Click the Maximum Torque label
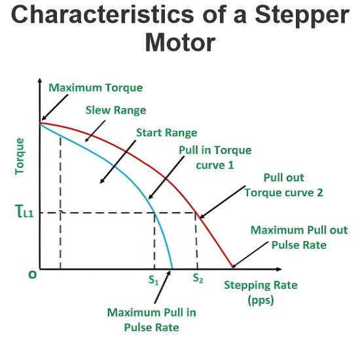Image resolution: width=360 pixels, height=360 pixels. pos(96,88)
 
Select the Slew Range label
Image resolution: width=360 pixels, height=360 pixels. pos(116,111)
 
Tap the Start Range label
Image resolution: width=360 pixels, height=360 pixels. pos(167,133)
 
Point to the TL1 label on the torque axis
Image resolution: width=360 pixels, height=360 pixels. pos(24,211)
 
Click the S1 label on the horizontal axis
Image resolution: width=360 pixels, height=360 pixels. pos(154,280)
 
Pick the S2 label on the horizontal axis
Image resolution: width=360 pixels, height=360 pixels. pos(198,278)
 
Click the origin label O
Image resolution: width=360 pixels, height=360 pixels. pos(32,275)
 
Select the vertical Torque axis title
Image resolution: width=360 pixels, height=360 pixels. pos(19,156)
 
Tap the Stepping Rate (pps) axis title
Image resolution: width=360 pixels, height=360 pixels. pos(261,293)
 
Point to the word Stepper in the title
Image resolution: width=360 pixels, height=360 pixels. pos(302,16)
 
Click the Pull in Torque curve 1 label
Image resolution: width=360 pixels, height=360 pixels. pos(215,158)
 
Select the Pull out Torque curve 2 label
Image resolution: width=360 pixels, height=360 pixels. pos(284,185)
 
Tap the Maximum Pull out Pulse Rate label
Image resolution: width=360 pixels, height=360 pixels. pos(299,238)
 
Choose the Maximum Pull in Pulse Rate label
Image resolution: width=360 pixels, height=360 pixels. pos(152,320)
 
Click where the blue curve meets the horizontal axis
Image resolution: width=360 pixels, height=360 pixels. pos(172,268)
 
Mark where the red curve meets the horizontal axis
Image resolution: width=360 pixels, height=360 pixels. pos(233,268)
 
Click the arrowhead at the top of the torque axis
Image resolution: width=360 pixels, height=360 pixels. pos(40,81)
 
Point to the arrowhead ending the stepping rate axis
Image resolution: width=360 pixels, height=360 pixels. pos(279,269)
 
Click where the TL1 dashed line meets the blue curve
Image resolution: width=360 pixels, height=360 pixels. pos(154,213)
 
